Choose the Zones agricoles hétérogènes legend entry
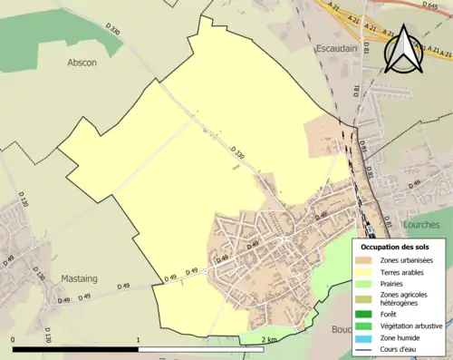[x=404, y=300]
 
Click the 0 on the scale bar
[x=14, y=339]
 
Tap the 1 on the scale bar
[x=138, y=339]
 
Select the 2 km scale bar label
[x=269, y=339]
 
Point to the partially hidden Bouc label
[x=342, y=330]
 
